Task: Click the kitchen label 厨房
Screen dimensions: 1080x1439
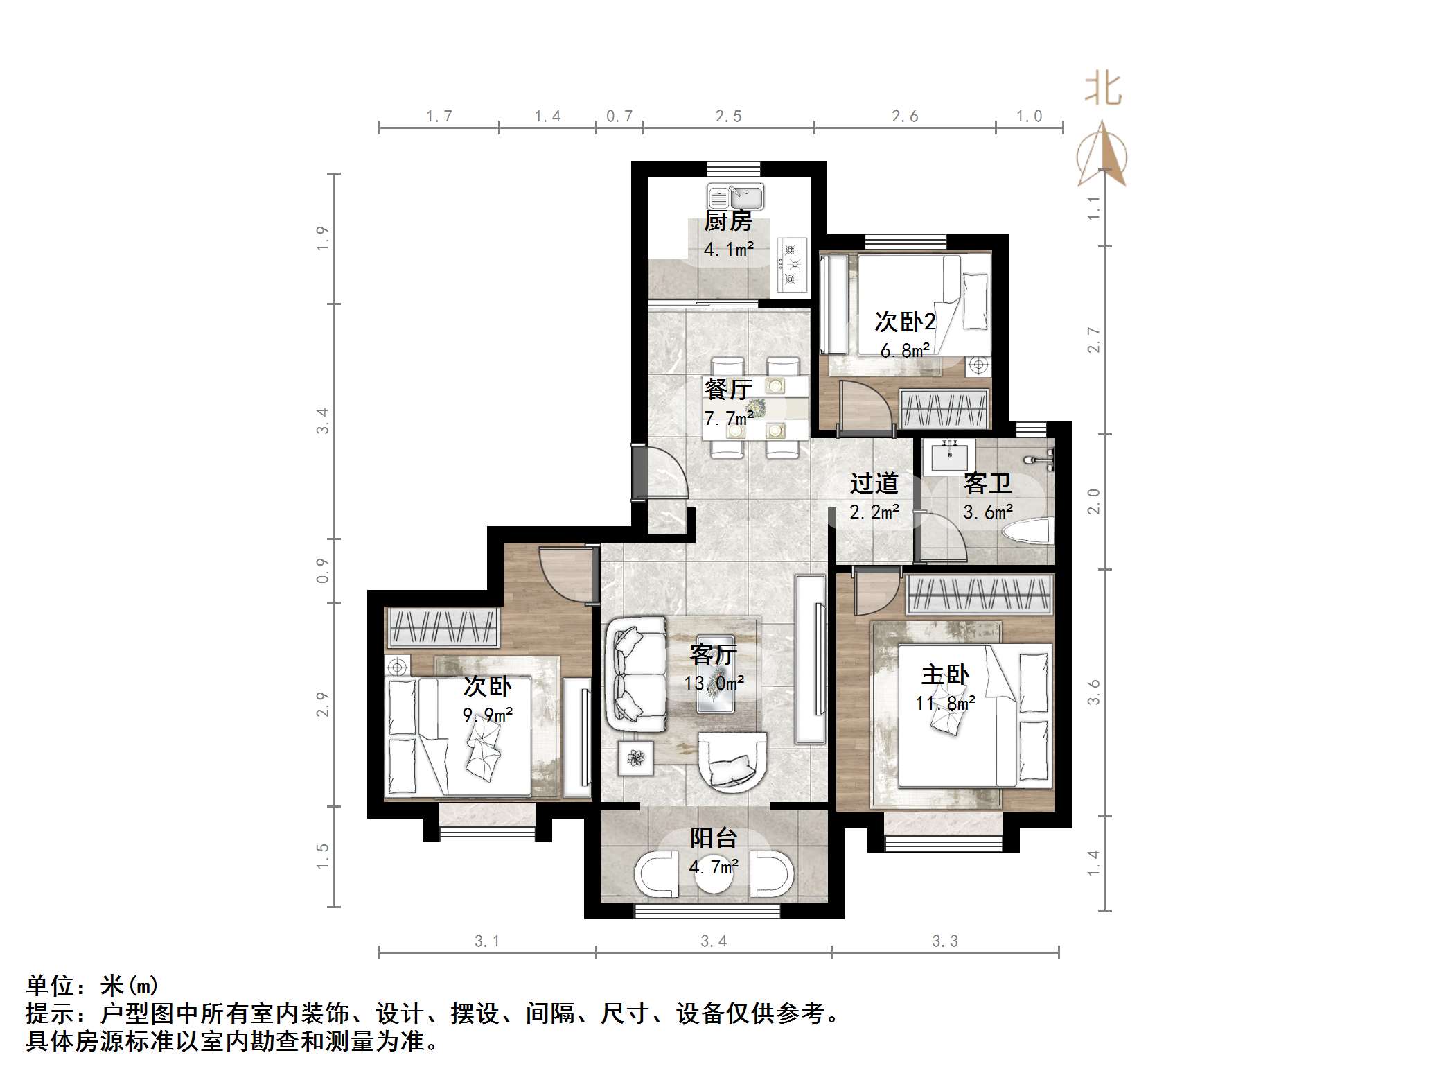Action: (x=728, y=221)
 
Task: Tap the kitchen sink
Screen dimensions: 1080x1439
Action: (x=735, y=197)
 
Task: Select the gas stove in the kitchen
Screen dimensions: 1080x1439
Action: (x=792, y=264)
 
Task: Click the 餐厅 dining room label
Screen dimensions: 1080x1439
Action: (x=727, y=389)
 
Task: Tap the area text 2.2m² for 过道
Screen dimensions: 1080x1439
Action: (x=874, y=512)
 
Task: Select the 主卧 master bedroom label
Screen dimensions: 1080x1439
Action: (x=945, y=674)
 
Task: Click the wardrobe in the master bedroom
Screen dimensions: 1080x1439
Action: (x=979, y=595)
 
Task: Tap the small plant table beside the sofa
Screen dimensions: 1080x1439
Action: (x=635, y=758)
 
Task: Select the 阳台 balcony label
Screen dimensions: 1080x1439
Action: (x=713, y=838)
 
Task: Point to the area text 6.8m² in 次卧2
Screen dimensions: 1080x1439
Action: (x=905, y=351)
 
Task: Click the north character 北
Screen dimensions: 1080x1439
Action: (x=1102, y=89)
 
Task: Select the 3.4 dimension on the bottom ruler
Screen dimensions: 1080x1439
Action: (x=714, y=941)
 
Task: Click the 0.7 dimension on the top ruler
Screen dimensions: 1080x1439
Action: (x=619, y=116)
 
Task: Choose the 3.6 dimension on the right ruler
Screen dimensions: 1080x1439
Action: (x=1093, y=692)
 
